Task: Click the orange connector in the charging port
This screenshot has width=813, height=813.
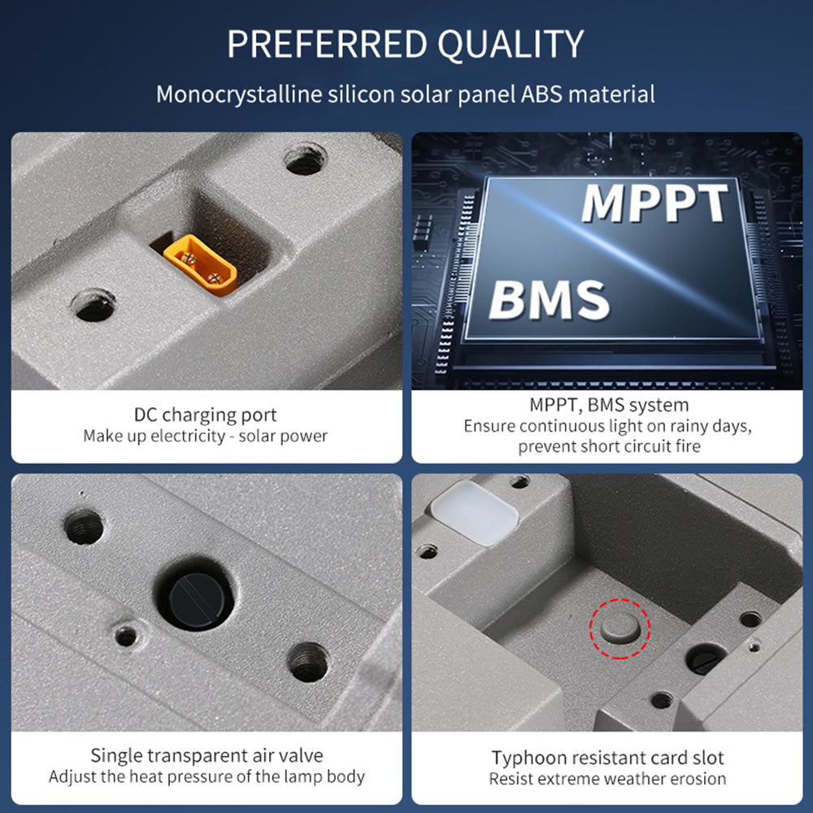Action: [x=200, y=264]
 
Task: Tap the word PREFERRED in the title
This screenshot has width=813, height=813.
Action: [x=327, y=44]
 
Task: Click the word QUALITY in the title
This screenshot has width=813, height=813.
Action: [x=511, y=45]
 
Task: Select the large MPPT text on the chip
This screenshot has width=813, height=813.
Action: [x=654, y=202]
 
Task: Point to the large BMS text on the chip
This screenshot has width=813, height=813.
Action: [x=549, y=299]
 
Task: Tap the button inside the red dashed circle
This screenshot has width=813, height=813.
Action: [x=620, y=628]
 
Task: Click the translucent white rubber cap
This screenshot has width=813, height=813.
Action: [x=475, y=512]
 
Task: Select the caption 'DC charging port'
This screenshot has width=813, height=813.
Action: [x=206, y=415]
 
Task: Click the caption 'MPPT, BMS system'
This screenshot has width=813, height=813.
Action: [x=609, y=404]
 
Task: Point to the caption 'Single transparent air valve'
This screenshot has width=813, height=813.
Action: [x=207, y=755]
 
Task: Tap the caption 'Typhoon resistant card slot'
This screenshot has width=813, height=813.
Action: [x=607, y=758]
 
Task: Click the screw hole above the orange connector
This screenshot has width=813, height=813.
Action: [x=306, y=161]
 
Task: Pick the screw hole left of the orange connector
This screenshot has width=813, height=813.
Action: [x=94, y=306]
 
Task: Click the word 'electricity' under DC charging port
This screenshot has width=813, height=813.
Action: [x=188, y=436]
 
